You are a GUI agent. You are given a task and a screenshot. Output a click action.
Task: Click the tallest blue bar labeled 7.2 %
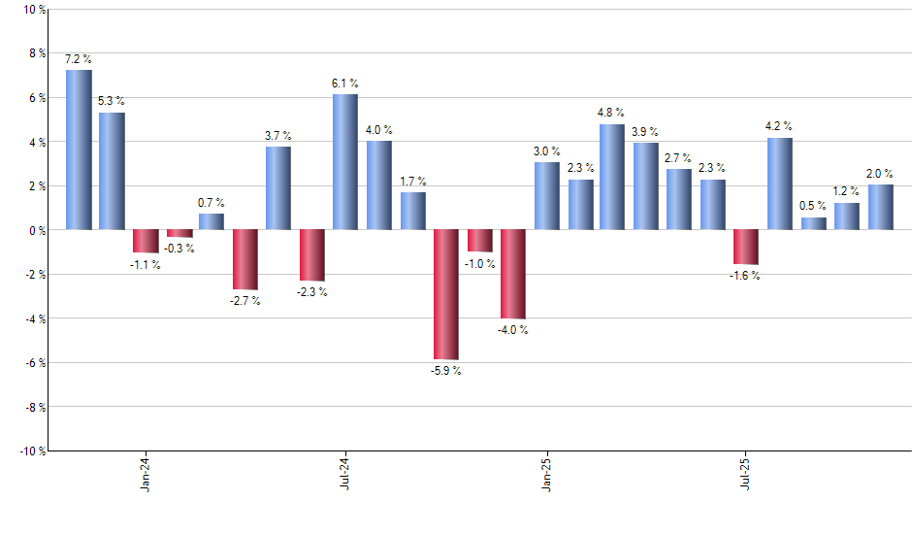[79, 150]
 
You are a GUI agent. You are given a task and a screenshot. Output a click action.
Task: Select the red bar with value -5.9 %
[446, 294]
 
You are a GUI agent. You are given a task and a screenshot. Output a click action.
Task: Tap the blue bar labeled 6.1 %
[345, 162]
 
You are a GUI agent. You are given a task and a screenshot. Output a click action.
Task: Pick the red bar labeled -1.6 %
[746, 247]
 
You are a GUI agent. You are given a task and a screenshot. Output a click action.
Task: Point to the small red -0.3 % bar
[179, 233]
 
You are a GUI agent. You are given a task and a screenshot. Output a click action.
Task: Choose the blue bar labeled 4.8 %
[612, 177]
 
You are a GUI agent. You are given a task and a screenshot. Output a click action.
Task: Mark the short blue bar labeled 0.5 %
[813, 223]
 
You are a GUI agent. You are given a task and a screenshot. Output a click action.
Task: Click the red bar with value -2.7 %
[245, 259]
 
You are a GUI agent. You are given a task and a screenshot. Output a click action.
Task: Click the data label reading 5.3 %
[112, 101]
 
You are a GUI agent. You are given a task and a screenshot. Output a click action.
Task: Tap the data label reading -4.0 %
[513, 330]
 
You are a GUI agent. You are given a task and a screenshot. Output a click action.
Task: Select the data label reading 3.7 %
[278, 135]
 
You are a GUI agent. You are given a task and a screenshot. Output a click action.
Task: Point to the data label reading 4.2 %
[779, 125]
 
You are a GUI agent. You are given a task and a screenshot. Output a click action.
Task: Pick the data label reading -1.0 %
[480, 264]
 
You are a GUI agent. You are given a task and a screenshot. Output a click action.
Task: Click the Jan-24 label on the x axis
[146, 474]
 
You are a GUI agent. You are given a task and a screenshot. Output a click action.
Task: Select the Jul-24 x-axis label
[345, 474]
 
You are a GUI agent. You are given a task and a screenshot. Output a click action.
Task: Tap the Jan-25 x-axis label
[546, 474]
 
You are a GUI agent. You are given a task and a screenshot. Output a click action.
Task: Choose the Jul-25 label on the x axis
[746, 474]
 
